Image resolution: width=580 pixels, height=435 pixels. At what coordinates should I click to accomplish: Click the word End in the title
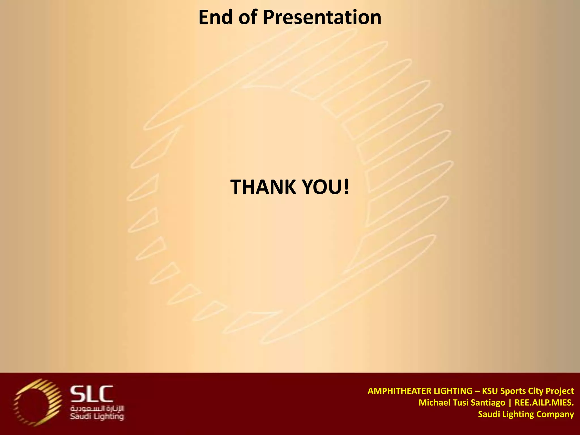pyautogui.click(x=216, y=18)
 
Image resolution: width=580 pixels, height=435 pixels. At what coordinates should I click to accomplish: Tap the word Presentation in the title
pyautogui.click(x=322, y=18)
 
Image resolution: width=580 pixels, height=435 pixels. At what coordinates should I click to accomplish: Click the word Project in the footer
pyautogui.click(x=560, y=391)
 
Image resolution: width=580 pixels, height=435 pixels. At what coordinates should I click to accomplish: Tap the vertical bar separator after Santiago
pyautogui.click(x=510, y=403)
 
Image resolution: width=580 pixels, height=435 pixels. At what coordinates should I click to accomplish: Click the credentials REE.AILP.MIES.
pyautogui.click(x=544, y=403)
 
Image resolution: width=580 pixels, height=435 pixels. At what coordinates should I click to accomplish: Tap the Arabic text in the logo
pyautogui.click(x=97, y=409)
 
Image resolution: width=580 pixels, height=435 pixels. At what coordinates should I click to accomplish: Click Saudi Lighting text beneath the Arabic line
pyautogui.click(x=97, y=416)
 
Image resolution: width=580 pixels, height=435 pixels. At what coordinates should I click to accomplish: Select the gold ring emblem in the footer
pyautogui.click(x=37, y=402)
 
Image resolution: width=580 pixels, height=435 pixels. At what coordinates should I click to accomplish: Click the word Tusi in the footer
pyautogui.click(x=460, y=403)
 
